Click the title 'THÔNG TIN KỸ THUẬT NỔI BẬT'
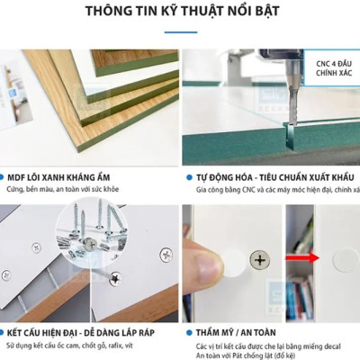[x=180, y=13]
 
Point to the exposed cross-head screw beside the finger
[x=260, y=260]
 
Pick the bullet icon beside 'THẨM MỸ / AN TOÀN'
[x=189, y=332]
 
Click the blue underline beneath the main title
[x=180, y=31]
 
